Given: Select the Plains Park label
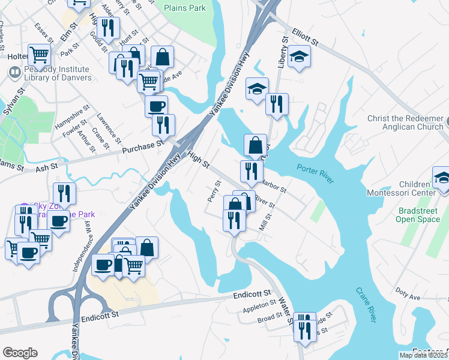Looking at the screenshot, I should point(185,8).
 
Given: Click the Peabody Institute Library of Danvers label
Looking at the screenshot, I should point(54,74).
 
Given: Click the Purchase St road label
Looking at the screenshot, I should point(143,145).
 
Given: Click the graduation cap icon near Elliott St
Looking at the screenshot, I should point(299,57).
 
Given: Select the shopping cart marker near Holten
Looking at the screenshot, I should point(39,55).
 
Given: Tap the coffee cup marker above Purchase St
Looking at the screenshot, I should point(157,106).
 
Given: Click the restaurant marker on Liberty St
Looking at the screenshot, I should point(277,103).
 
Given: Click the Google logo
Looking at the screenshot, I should point(20,353).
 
